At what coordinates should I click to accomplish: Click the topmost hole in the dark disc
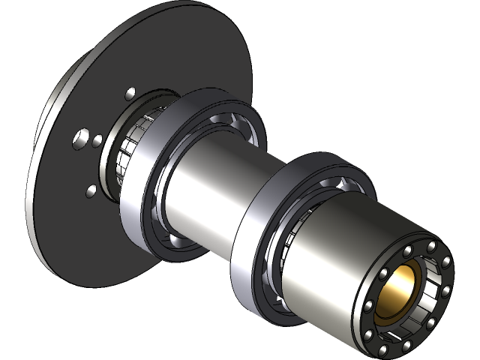click(x=130, y=93)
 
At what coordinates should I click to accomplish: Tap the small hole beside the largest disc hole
click(x=97, y=139)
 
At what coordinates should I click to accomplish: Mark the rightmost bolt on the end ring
click(x=447, y=262)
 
